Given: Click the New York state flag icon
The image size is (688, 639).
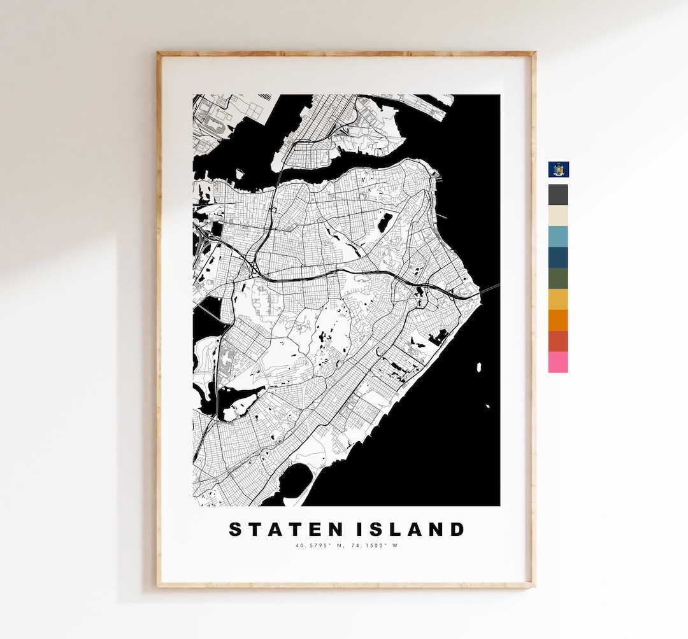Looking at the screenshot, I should (x=559, y=169).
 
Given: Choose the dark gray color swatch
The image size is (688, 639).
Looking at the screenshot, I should (x=558, y=195).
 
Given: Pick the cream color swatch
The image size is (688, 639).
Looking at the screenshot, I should (x=558, y=216).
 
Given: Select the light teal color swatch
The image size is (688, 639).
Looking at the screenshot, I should (x=558, y=237).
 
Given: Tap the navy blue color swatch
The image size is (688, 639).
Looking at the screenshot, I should (x=558, y=258).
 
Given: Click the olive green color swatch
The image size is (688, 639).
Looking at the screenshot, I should (x=558, y=279).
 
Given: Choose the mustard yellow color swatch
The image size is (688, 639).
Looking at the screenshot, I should (x=558, y=300).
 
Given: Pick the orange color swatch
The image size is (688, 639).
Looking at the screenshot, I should (x=558, y=321).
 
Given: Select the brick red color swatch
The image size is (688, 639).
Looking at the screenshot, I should (x=558, y=342).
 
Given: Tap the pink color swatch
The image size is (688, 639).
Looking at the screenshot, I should (x=558, y=362).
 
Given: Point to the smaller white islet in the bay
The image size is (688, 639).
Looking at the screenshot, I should (x=488, y=406).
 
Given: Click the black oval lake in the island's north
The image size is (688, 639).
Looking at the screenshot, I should (x=385, y=222).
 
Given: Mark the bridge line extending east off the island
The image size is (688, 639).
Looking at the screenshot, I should (x=489, y=290).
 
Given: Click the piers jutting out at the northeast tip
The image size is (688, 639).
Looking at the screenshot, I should (x=433, y=171).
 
